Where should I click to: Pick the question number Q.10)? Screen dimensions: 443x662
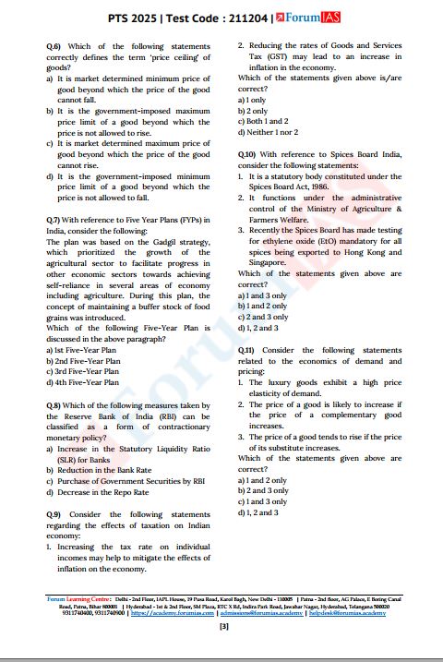coord(246,152)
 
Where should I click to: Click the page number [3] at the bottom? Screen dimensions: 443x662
coord(222,627)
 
